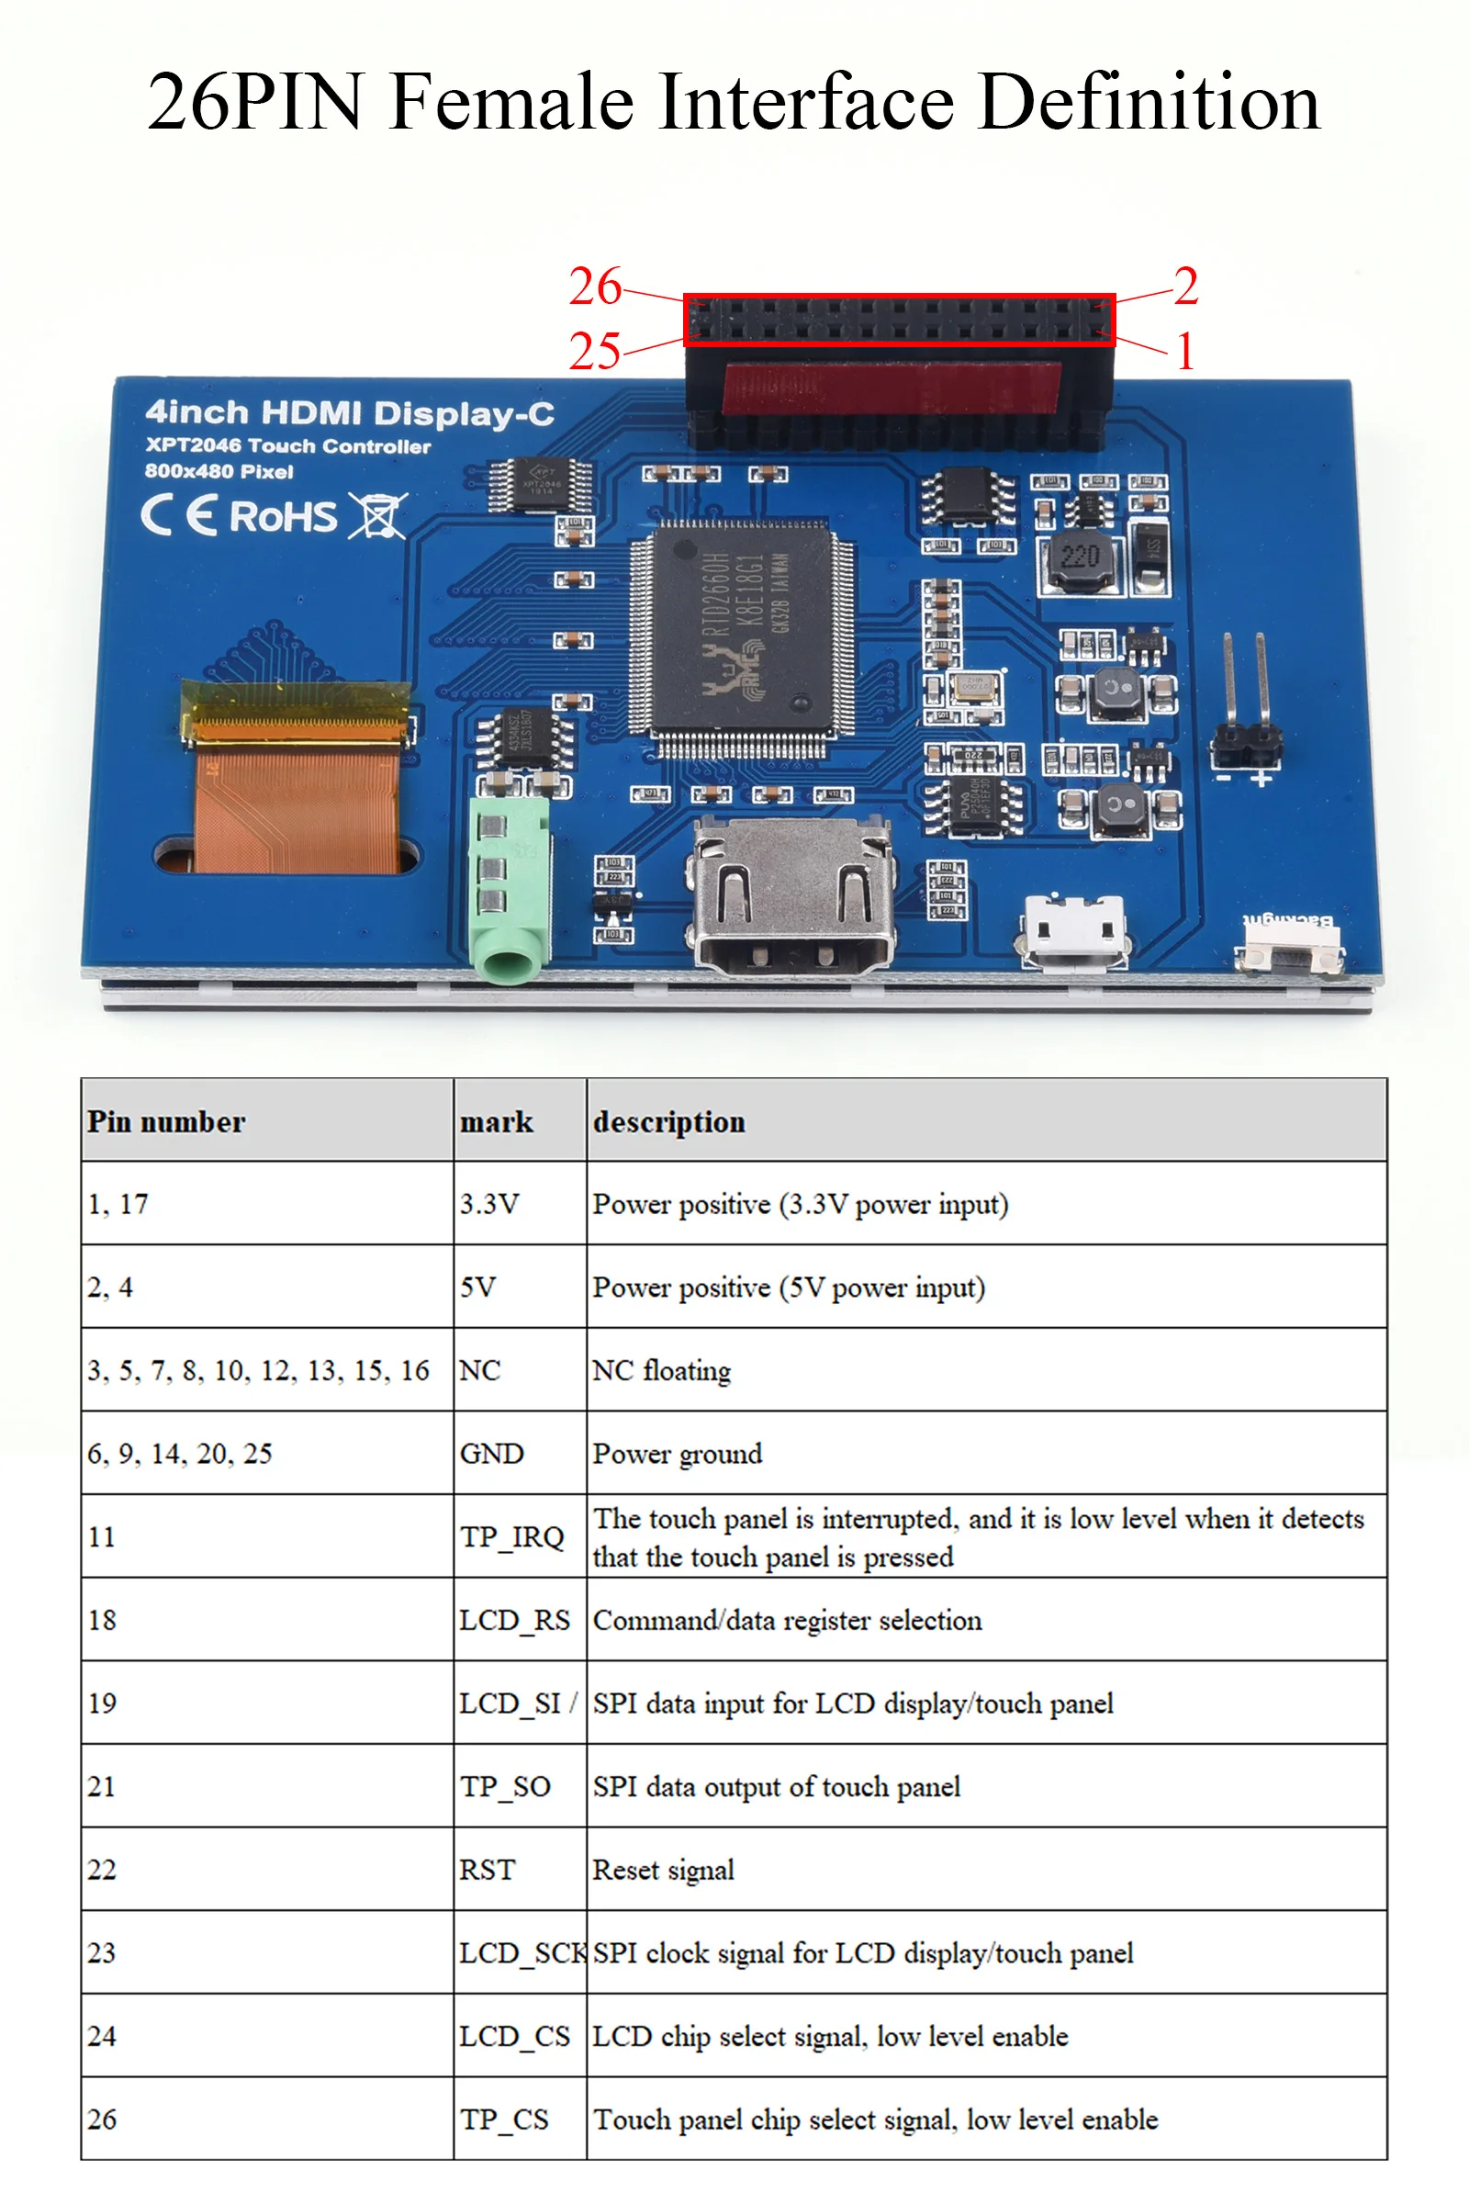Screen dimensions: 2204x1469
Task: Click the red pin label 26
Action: [x=595, y=286]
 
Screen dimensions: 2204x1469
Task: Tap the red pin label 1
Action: [x=1185, y=353]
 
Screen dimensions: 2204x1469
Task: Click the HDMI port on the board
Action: [x=792, y=899]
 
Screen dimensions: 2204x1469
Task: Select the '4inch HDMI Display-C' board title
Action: [x=350, y=413]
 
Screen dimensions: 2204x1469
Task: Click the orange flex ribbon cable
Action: [x=297, y=797]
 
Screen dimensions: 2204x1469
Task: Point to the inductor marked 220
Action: [x=1081, y=559]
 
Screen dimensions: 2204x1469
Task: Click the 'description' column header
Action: [x=669, y=1121]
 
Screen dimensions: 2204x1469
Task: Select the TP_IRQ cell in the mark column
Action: [x=511, y=1536]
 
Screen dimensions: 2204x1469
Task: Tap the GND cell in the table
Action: [x=492, y=1454]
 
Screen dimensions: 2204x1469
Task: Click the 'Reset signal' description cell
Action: [x=663, y=1870]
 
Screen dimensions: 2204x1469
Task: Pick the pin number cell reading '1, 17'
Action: [x=118, y=1204]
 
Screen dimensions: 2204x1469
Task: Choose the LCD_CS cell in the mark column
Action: [x=514, y=2036]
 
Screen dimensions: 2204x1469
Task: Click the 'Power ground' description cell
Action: [x=678, y=1454]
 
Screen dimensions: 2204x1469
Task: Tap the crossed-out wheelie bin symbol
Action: [x=377, y=515]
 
